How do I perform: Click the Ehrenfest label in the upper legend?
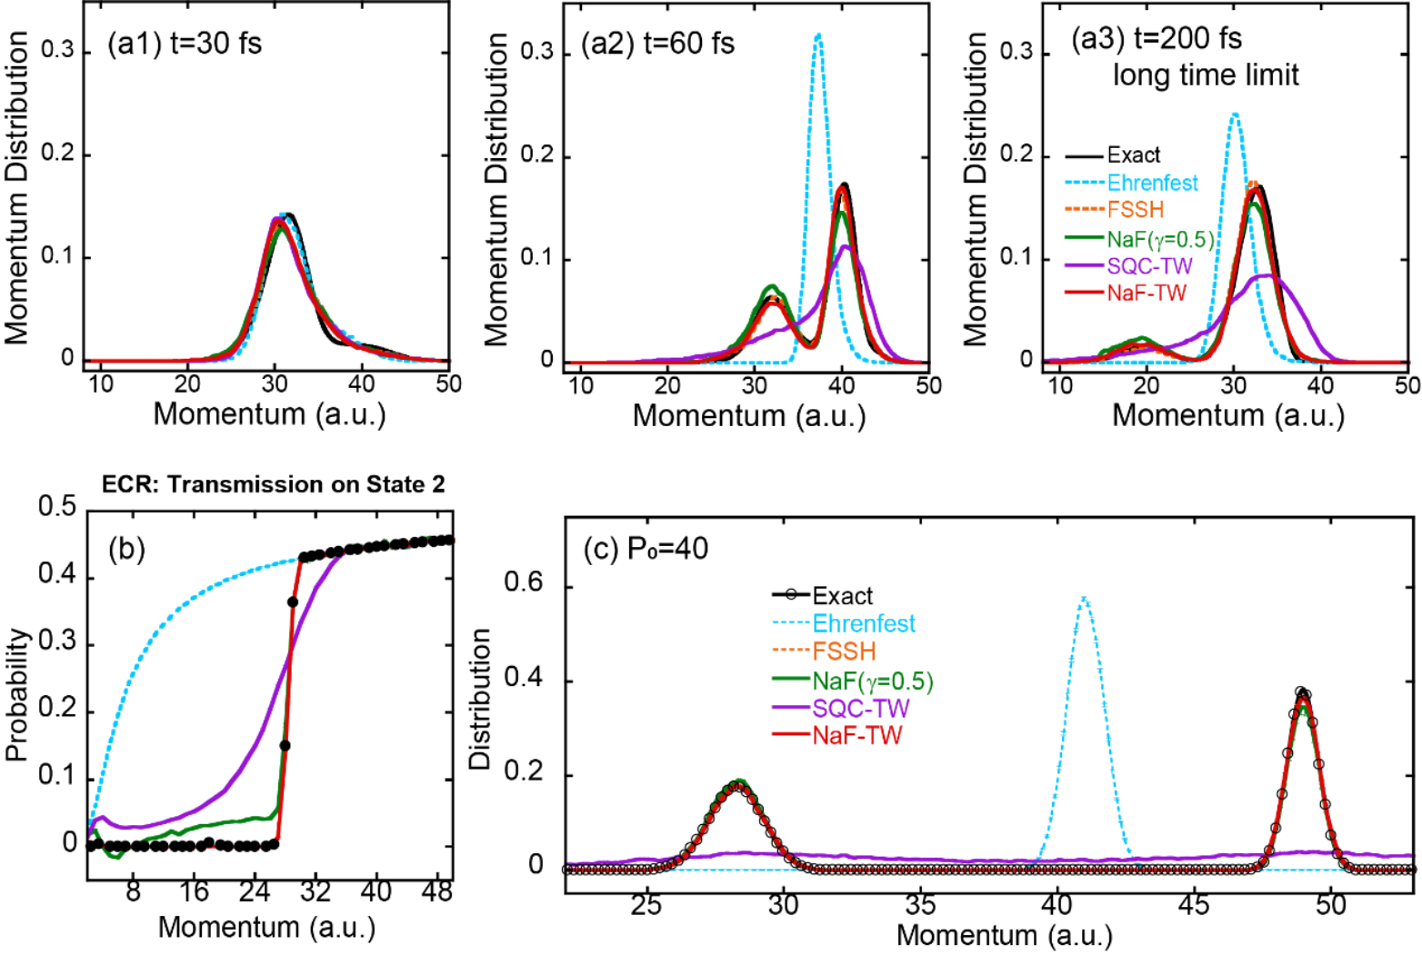click(x=1152, y=183)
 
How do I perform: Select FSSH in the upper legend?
click(x=1136, y=210)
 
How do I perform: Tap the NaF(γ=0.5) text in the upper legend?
click(x=1160, y=239)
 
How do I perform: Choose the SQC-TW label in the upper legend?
click(x=1149, y=266)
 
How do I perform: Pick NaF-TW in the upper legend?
click(x=1147, y=293)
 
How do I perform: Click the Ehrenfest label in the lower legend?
click(x=864, y=624)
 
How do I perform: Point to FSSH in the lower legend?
click(x=844, y=652)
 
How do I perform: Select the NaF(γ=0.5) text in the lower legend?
click(x=873, y=681)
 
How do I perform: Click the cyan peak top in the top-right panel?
click(x=1234, y=114)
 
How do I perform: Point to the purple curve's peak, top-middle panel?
click(x=846, y=245)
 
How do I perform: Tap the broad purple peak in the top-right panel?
click(x=1264, y=274)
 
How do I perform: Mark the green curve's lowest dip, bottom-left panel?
click(x=114, y=856)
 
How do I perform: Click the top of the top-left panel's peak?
click(x=280, y=218)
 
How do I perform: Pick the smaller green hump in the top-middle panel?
click(x=771, y=287)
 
